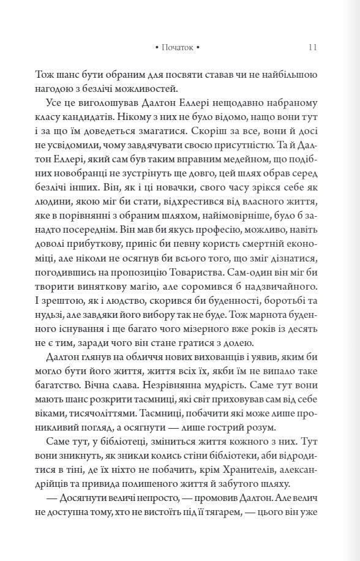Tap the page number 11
pyautogui.click(x=312, y=47)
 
